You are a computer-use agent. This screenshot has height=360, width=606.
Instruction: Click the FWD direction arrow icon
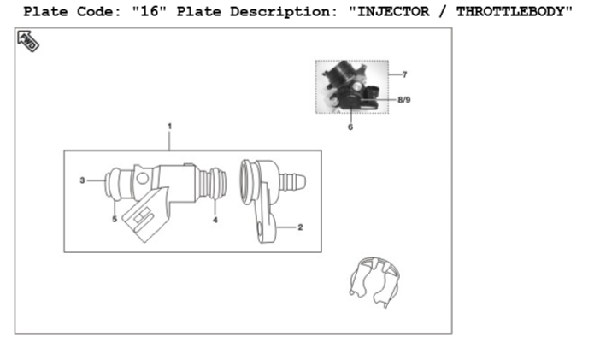click(28, 41)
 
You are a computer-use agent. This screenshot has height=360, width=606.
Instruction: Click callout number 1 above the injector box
click(169, 127)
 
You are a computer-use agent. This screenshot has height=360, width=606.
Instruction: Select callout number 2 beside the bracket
click(300, 227)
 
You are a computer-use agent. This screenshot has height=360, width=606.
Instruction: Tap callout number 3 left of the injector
click(82, 180)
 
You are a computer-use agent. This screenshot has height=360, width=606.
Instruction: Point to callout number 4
click(215, 220)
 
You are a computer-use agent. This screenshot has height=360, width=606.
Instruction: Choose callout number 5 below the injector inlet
click(115, 219)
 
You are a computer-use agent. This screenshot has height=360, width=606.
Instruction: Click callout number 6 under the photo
click(350, 127)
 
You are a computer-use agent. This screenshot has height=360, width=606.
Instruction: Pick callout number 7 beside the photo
click(404, 74)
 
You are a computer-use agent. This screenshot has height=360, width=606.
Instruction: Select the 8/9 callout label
click(404, 100)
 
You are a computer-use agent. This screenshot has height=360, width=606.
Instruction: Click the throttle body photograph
click(352, 86)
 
